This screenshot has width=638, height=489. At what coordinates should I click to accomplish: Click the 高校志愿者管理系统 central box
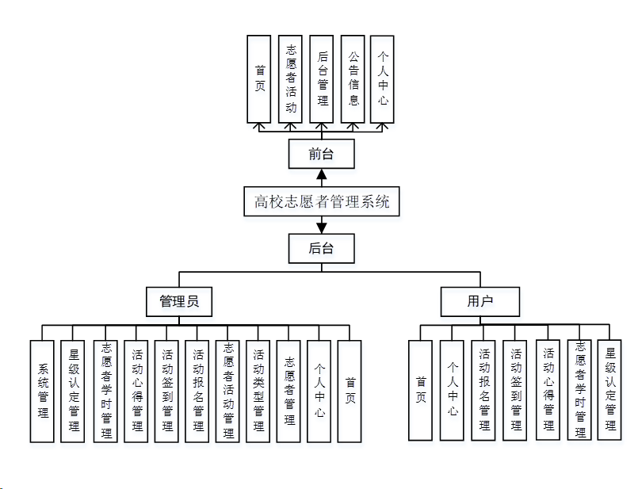pos(322,201)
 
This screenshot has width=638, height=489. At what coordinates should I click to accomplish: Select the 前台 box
pos(321,154)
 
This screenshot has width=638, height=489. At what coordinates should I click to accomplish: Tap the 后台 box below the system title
pos(321,248)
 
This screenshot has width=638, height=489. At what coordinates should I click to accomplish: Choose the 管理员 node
pos(179,302)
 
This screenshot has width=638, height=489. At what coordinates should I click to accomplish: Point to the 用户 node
pos(480,302)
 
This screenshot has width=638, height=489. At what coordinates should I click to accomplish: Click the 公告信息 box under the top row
pos(353,78)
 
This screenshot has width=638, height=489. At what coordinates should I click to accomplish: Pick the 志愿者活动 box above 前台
pos(291,78)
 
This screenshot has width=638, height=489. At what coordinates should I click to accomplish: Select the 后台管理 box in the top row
pos(322,78)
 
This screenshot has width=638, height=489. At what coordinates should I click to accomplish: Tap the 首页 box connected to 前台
pos(259,78)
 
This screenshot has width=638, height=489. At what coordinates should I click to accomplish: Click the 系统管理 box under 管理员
pos(43,391)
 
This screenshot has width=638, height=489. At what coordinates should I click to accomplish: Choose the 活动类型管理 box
pos(258,391)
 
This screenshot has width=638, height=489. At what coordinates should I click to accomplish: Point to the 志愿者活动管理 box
pos(228,391)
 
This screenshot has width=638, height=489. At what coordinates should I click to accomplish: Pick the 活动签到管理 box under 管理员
pos(166,391)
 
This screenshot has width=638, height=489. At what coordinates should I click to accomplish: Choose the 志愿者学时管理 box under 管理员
pos(105,391)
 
